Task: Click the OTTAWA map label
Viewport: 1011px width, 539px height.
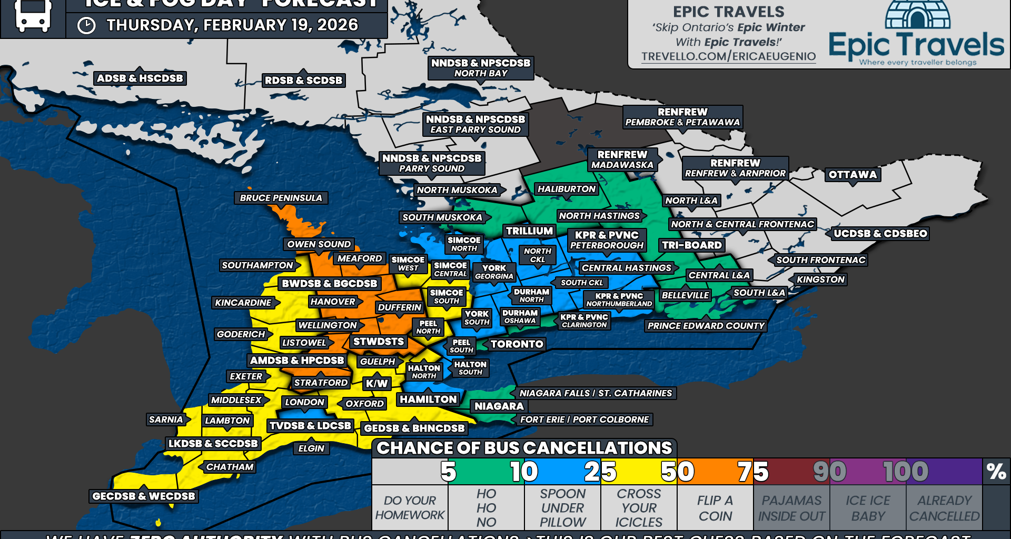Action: click(x=853, y=175)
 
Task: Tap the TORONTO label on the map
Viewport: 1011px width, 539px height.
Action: click(x=517, y=344)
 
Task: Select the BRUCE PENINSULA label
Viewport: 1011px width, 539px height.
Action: click(x=281, y=198)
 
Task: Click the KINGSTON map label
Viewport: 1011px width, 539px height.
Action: click(x=820, y=280)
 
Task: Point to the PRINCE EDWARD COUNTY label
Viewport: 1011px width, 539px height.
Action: click(x=706, y=326)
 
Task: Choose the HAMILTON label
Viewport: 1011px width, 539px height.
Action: click(x=428, y=400)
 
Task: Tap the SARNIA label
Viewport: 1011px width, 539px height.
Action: click(x=166, y=420)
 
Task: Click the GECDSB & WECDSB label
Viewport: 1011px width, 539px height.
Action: click(x=143, y=496)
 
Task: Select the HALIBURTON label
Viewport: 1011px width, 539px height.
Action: click(x=567, y=189)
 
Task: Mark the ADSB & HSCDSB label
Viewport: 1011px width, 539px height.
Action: click(x=140, y=78)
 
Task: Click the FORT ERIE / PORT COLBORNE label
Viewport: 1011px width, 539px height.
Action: click(x=584, y=420)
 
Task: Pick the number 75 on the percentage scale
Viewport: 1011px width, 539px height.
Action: click(x=753, y=472)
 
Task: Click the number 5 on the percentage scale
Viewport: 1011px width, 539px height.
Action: click(x=448, y=472)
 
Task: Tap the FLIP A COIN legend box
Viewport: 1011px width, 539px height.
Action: click(x=715, y=508)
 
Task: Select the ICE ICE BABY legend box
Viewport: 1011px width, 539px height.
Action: click(x=868, y=508)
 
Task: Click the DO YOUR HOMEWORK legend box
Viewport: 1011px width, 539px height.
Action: click(x=410, y=508)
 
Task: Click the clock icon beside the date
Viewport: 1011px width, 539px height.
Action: click(x=86, y=26)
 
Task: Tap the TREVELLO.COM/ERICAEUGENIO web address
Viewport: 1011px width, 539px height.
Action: click(x=728, y=56)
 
